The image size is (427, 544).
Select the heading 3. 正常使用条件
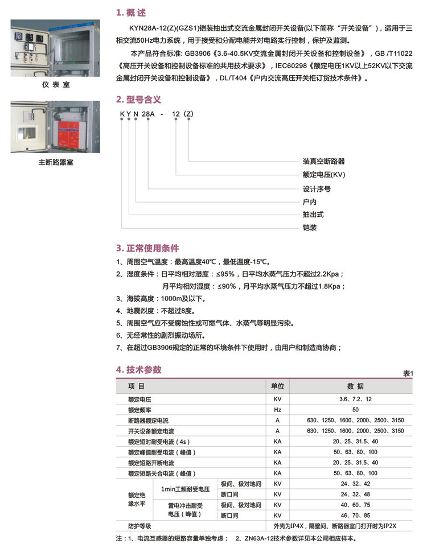coord(147,248)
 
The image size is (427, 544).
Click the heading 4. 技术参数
coord(139,369)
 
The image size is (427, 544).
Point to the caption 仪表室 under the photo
coord(56,86)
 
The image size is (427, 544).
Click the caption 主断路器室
coord(56,162)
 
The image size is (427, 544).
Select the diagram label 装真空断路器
coord(323,162)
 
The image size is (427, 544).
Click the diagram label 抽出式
coord(313,215)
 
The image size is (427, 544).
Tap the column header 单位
coord(278,386)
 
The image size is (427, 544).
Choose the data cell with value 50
coord(355,410)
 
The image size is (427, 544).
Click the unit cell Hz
coord(278,410)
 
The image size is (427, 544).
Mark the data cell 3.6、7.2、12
coord(355,399)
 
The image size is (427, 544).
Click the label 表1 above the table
coord(407,373)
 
